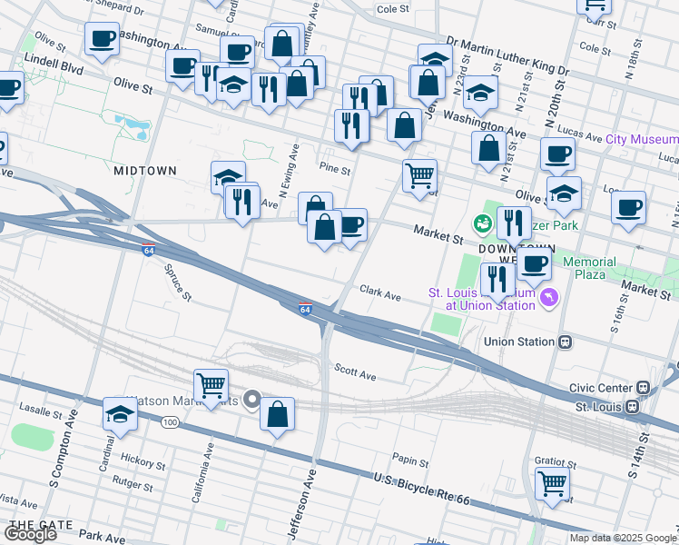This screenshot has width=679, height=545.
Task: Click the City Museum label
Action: (641, 139)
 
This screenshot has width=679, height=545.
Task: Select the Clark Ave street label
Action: (379, 295)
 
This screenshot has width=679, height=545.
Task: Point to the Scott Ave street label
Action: (355, 374)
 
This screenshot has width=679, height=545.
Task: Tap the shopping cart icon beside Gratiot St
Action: (552, 484)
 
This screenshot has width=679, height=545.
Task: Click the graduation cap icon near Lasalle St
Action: (120, 415)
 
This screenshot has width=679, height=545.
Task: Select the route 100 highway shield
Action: (170, 422)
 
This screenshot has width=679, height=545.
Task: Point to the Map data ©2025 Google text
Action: (623, 538)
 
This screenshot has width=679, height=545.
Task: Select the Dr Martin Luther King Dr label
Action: (507, 68)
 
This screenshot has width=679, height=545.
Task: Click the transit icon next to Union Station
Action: (565, 342)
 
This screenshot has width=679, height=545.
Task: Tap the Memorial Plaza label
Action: (589, 268)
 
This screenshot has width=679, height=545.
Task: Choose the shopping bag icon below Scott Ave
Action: (278, 414)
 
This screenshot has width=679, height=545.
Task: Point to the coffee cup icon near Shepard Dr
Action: (102, 40)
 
